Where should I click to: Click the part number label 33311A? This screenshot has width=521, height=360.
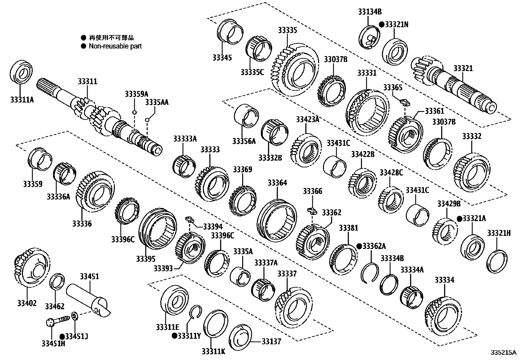click(22, 99)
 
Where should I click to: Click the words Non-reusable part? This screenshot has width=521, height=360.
click(115, 46)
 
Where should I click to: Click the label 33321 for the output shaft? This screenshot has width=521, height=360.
click(463, 68)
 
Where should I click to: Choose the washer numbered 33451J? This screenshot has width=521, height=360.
click(74, 316)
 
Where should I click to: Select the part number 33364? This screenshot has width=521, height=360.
click(277, 182)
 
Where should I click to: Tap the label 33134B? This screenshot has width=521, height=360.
click(369, 12)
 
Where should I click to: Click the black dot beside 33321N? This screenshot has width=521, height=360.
click(381, 24)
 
